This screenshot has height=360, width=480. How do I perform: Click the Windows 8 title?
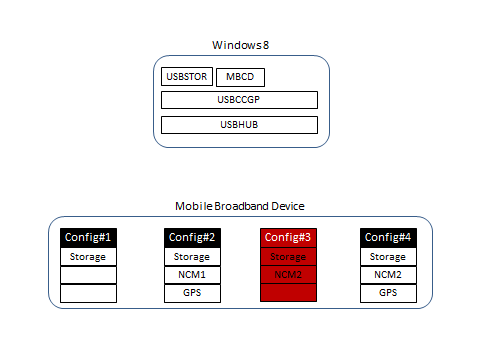click(x=240, y=45)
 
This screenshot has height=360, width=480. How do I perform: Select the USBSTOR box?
click(x=186, y=77)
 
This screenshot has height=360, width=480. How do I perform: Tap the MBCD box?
click(x=240, y=77)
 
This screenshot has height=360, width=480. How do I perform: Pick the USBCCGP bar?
click(x=240, y=100)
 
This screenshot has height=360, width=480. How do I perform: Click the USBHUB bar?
click(x=240, y=125)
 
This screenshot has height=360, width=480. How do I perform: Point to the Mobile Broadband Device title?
click(x=240, y=205)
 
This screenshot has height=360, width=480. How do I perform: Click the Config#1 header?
click(x=89, y=238)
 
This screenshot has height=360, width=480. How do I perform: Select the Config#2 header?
click(x=191, y=238)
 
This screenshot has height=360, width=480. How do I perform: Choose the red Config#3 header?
click(x=289, y=238)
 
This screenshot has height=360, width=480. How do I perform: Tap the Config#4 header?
click(x=388, y=238)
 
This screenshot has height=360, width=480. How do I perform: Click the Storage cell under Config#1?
click(x=89, y=257)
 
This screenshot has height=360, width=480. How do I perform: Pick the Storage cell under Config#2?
click(x=191, y=257)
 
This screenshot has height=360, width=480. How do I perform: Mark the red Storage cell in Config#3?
click(x=289, y=257)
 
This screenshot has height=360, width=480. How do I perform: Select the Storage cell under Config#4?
click(x=388, y=257)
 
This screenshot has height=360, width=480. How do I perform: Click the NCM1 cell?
click(x=191, y=275)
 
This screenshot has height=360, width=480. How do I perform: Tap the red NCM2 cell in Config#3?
click(x=289, y=275)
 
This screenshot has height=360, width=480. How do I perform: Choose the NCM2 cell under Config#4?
click(x=388, y=275)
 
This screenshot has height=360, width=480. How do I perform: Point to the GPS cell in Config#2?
click(x=191, y=293)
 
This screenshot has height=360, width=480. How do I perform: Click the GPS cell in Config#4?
click(x=388, y=293)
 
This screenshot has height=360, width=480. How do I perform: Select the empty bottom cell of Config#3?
click(x=289, y=293)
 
